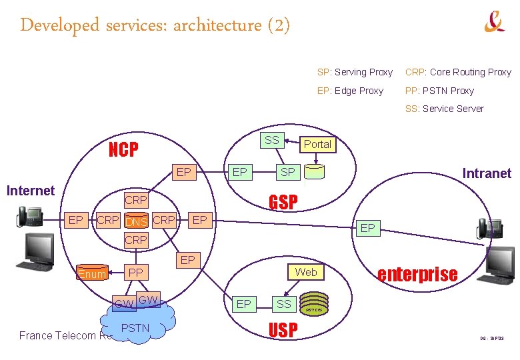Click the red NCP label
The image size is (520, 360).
pos(123,150)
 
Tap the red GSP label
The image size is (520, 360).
pos(283,202)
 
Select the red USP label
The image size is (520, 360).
pos(283,329)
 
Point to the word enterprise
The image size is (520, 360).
pos(417,274)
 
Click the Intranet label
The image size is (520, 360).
pos(487,173)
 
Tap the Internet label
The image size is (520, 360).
pos(30,191)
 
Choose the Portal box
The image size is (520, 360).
pos(317,144)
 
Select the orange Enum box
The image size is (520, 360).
pos(91,273)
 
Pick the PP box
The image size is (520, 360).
pos(135,273)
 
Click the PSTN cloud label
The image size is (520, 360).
pos(135,328)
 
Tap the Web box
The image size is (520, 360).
pos(306,272)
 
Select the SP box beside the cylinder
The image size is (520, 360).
pos(287,173)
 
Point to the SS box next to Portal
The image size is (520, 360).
pos(272,140)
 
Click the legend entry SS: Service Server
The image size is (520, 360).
pos(444,109)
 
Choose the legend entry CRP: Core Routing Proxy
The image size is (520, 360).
pos(458,72)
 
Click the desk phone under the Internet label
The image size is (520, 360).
pos(30,216)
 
